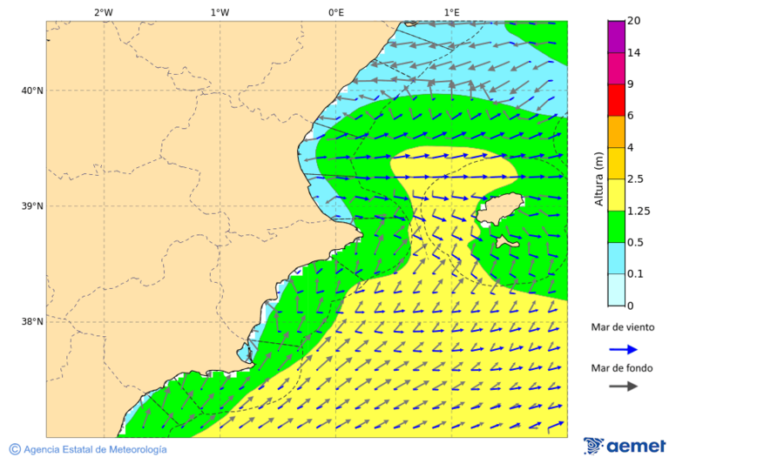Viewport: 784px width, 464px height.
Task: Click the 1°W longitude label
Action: [x=220, y=12]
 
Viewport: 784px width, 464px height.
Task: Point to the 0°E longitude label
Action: [x=335, y=12]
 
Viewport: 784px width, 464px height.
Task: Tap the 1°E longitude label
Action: [x=451, y=12]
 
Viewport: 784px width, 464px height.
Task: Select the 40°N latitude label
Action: [x=32, y=91]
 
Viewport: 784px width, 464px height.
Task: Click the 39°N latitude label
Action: [x=32, y=206]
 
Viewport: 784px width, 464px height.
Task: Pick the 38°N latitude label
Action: [x=32, y=322]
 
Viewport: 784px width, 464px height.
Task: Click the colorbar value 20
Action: [x=634, y=21]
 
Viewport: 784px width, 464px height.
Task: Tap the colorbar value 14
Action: [x=634, y=53]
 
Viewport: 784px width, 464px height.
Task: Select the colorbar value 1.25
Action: [x=639, y=211]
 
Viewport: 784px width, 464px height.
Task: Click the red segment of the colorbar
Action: [x=617, y=99]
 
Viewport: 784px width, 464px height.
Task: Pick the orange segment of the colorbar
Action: [x=617, y=131]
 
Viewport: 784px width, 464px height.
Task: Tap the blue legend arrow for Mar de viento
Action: [x=623, y=349]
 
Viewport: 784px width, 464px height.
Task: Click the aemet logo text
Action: [x=636, y=447]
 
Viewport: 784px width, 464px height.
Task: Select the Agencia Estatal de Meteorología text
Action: [x=94, y=449]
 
